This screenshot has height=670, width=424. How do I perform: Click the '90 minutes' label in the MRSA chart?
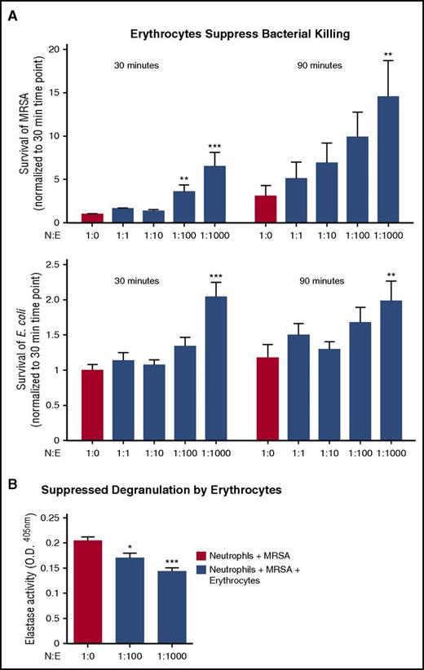[x=318, y=65]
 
